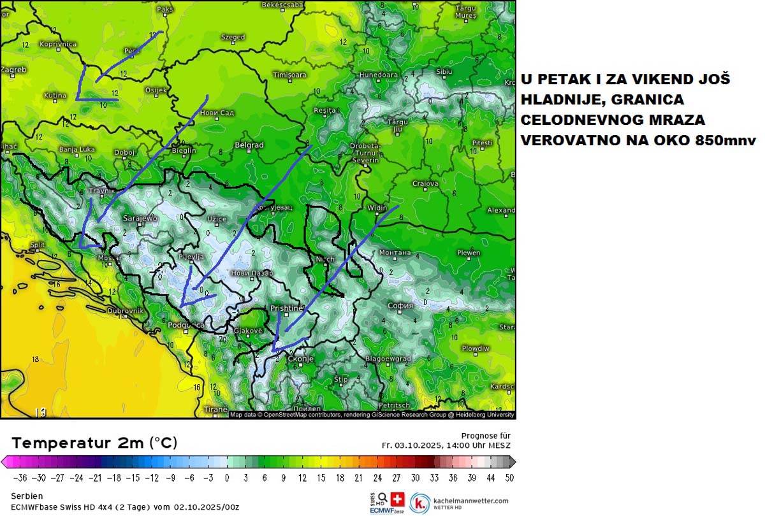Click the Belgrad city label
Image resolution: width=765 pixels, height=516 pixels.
click(249, 145)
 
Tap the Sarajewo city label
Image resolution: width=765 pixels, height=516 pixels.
click(140, 219)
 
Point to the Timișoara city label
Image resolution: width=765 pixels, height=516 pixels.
click(290, 75)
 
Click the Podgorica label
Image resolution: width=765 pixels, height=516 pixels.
click(186, 326)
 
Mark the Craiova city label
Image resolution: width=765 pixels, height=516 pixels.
click(425, 183)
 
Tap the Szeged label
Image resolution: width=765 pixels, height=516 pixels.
click(233, 37)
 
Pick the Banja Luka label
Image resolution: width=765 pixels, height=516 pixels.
click(76, 150)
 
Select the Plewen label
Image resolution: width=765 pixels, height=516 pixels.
click(469, 253)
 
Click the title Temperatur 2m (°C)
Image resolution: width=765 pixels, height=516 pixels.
click(94, 443)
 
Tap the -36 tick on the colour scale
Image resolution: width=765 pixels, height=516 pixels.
click(20, 477)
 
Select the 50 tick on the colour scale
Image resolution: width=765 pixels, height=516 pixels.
click(509, 477)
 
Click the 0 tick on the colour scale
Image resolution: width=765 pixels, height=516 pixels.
click(227, 477)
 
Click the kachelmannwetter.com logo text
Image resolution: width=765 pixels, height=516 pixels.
click(472, 501)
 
